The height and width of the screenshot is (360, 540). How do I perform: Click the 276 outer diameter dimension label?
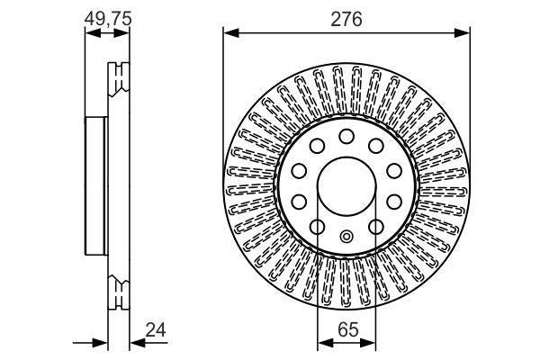(x=346, y=18)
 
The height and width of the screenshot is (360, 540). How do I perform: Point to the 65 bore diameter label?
(x=347, y=329)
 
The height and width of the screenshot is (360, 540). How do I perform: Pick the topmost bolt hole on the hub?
(x=346, y=136)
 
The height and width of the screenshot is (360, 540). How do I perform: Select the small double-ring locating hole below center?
(x=346, y=238)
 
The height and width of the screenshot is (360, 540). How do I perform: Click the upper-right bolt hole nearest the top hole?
(x=376, y=145)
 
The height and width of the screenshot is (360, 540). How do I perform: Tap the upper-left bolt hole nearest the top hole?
(x=317, y=145)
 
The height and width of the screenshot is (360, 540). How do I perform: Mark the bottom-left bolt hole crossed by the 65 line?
(x=317, y=227)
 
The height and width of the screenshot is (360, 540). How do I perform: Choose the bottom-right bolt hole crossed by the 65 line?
(x=376, y=227)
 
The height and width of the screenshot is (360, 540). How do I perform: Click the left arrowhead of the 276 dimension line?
(x=229, y=34)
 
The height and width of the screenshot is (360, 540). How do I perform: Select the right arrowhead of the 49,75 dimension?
(x=124, y=34)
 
